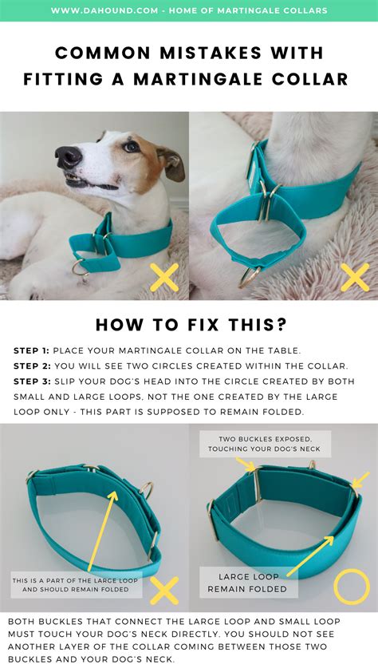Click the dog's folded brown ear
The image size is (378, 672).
coord(170,160)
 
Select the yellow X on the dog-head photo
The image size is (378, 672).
coord(164,277)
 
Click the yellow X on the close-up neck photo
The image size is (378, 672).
coord(354,277)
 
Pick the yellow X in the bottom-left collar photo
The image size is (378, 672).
coord(164,591)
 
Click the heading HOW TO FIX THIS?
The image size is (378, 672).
coord(189,325)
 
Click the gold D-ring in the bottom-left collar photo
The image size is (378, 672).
coord(148,489)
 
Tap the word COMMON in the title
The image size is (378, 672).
coord(104,53)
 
